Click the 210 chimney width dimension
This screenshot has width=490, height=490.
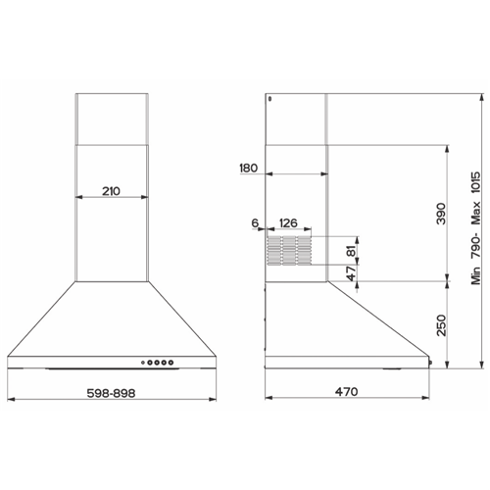pyautogui.click(x=111, y=191)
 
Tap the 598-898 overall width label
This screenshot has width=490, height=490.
pyautogui.click(x=111, y=393)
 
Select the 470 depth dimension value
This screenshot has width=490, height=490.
pyautogui.click(x=346, y=391)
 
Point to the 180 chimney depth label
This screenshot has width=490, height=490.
pyautogui.click(x=249, y=168)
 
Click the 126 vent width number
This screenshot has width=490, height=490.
pyautogui.click(x=288, y=223)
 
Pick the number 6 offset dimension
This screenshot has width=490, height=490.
pyautogui.click(x=255, y=223)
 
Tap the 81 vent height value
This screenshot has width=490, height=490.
pyautogui.click(x=351, y=251)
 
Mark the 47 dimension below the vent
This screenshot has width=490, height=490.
pyautogui.click(x=351, y=273)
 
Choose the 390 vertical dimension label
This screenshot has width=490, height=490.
pyautogui.click(x=441, y=214)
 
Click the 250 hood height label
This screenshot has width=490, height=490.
pyautogui.click(x=441, y=325)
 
